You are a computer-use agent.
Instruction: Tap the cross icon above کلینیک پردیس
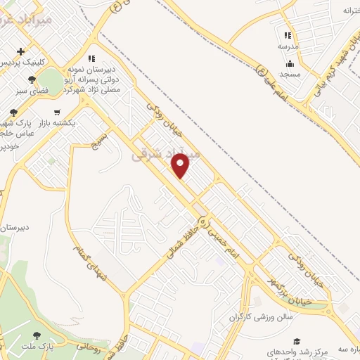point(21,51)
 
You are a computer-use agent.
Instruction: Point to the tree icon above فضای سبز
point(32,79)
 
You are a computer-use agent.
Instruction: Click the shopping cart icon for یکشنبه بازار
point(56,112)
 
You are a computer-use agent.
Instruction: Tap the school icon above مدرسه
point(287,35)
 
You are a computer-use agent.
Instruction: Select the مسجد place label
point(290,74)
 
